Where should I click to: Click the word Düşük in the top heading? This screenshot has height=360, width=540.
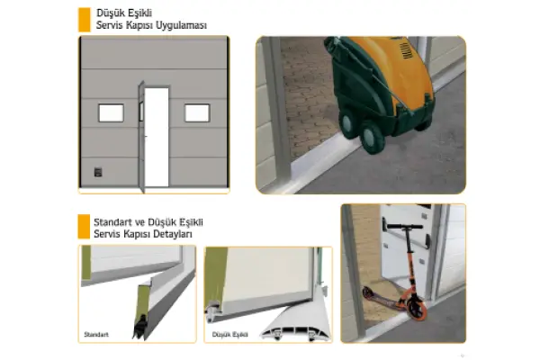coord(109,13)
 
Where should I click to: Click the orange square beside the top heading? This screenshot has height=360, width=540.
coord(85,20)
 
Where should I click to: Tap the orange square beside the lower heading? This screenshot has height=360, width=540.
coord(84,226)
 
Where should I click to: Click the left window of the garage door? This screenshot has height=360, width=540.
coord(112,113)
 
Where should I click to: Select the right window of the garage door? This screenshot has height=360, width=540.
coord(197,113)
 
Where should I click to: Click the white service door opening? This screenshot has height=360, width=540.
coord(157,137)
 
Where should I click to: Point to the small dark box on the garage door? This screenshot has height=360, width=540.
coord(98,172)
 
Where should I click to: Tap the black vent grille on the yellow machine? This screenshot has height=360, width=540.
coord(407,50)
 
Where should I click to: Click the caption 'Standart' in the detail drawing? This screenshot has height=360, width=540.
coord(96,335)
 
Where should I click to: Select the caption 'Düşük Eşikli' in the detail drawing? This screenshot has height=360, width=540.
coord(230,335)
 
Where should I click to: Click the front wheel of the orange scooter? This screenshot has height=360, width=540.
coord(416,308)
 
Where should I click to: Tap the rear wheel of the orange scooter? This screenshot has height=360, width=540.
coord(367,292)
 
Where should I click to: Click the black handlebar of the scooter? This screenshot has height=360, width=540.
coord(405,226)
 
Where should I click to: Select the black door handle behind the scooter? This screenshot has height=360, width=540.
coord(427,241)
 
